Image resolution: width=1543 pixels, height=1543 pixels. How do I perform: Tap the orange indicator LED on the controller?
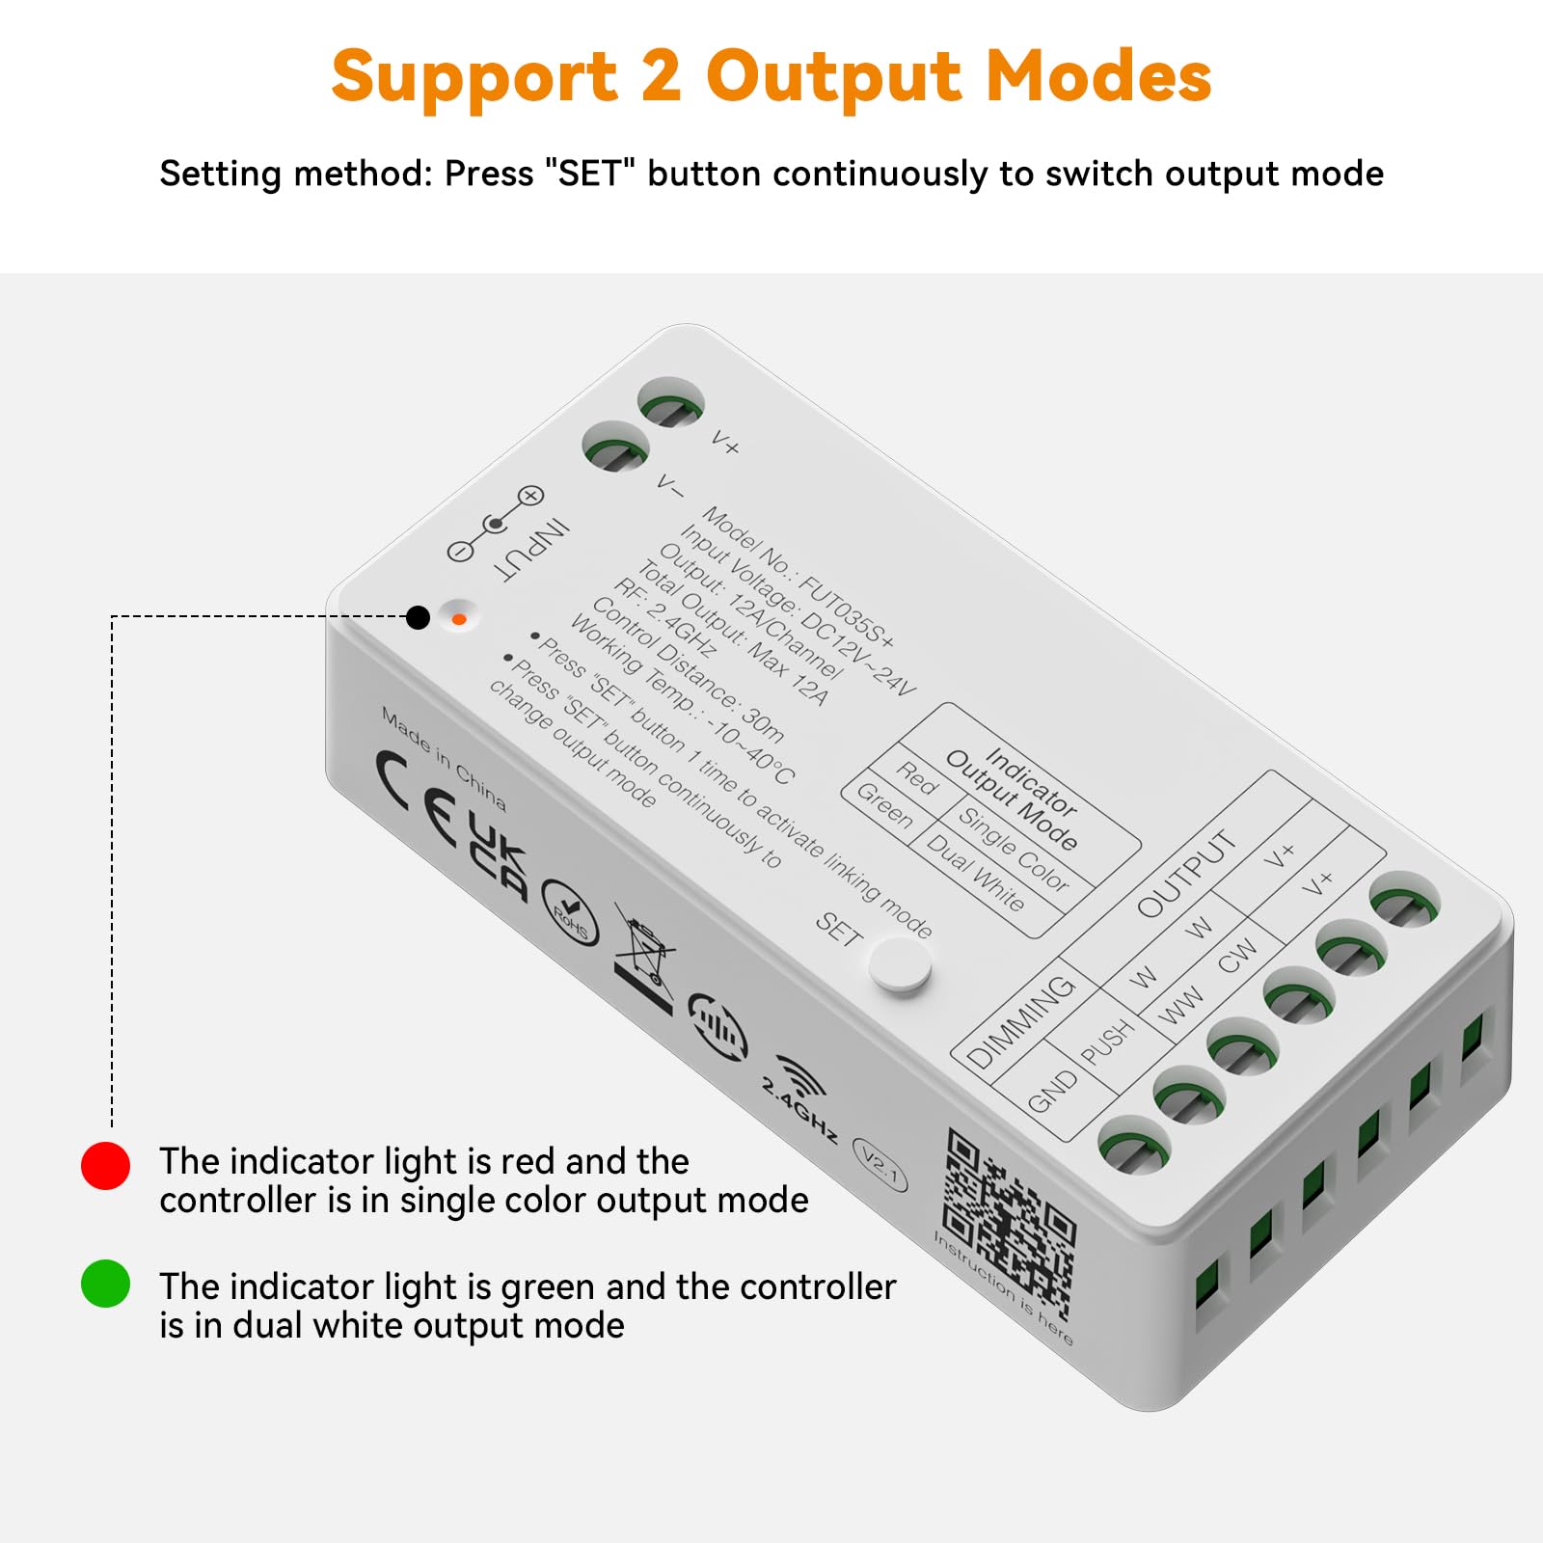pyautogui.click(x=459, y=619)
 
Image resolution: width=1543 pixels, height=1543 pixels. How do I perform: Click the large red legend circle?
pyautogui.click(x=105, y=1166)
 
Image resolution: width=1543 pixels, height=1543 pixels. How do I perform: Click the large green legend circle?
pyautogui.click(x=105, y=1284)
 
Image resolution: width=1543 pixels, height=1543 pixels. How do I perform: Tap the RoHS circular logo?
pyautogui.click(x=570, y=912)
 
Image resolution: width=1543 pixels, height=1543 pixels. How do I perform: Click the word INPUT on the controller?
pyautogui.click(x=531, y=551)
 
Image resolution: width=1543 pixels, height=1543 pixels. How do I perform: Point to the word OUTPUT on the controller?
pyautogui.click(x=1186, y=874)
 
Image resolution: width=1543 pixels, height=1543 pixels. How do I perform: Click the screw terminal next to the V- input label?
pyautogui.click(x=615, y=449)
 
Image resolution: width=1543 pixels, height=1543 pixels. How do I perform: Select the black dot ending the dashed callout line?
pyautogui.click(x=418, y=617)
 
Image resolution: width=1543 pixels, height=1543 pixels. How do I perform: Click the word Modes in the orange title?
pyautogui.click(x=1098, y=77)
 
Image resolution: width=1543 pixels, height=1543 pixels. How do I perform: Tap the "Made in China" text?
pyautogui.click(x=444, y=758)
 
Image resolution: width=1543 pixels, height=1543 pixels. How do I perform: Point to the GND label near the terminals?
pyautogui.click(x=1052, y=1091)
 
